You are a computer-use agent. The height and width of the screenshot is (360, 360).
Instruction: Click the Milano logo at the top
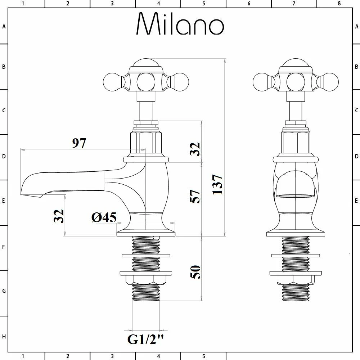(180, 24)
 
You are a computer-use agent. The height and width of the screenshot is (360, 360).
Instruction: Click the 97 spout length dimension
(79, 143)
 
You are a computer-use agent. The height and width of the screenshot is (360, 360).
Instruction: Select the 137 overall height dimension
(217, 184)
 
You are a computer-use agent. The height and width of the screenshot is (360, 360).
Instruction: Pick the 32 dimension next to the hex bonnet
(195, 149)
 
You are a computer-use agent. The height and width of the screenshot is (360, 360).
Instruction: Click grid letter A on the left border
(4, 26)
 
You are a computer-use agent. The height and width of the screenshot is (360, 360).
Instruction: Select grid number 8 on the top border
(339, 4)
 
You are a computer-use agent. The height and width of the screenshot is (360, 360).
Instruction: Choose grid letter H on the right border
(356, 337)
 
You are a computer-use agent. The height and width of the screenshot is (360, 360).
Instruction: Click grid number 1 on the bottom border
(23, 356)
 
